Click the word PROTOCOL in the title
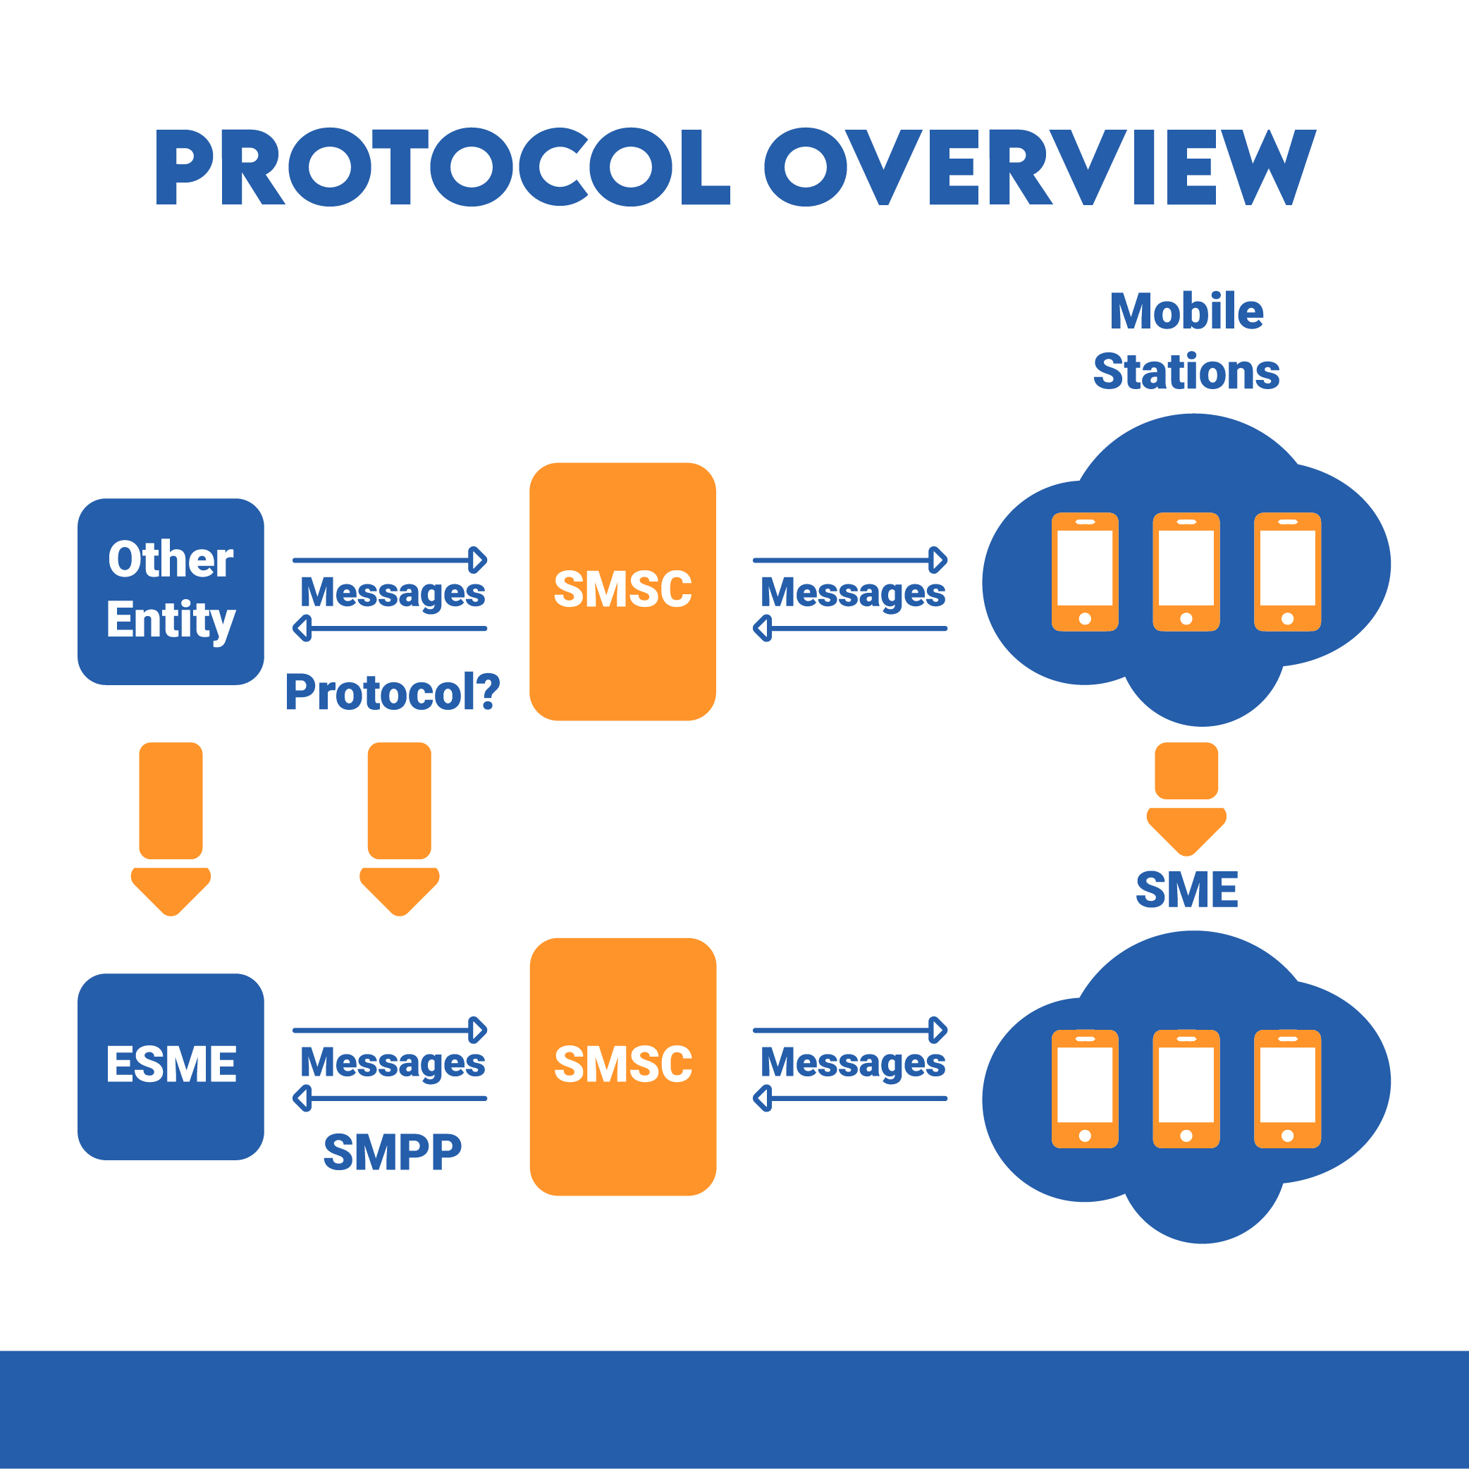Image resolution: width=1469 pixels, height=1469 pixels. (443, 166)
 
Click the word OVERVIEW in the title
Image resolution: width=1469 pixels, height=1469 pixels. (1040, 166)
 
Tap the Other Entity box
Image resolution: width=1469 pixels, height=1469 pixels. (171, 591)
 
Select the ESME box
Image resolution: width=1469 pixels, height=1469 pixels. (171, 1067)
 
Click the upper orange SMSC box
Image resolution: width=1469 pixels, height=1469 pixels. (622, 591)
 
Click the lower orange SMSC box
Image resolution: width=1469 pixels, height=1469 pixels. (622, 1067)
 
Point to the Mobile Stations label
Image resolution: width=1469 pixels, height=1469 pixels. (1186, 341)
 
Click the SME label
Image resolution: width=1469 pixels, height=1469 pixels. (1186, 890)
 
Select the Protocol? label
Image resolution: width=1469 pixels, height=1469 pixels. (393, 692)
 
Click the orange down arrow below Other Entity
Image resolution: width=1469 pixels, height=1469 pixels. (171, 829)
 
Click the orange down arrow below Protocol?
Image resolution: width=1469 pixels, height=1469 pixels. (399, 829)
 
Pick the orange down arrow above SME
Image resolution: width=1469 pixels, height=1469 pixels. (1186, 799)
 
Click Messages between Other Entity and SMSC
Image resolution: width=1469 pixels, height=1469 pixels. (393, 594)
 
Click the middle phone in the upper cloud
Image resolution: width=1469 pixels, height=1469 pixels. (1186, 572)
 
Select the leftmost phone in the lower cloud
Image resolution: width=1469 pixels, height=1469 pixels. (1085, 1089)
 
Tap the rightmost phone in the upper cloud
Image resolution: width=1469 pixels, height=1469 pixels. (1287, 572)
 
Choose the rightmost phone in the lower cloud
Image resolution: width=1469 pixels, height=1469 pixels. (1287, 1089)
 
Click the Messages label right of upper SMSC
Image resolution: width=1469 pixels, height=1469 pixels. (853, 594)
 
